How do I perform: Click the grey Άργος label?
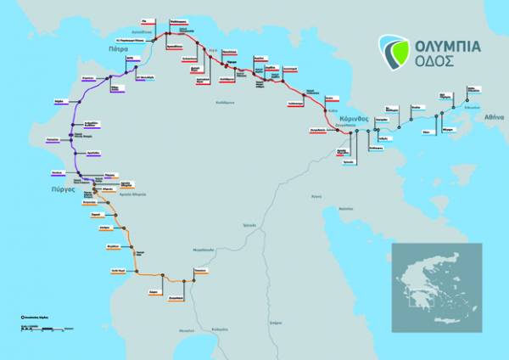[x=316, y=195]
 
